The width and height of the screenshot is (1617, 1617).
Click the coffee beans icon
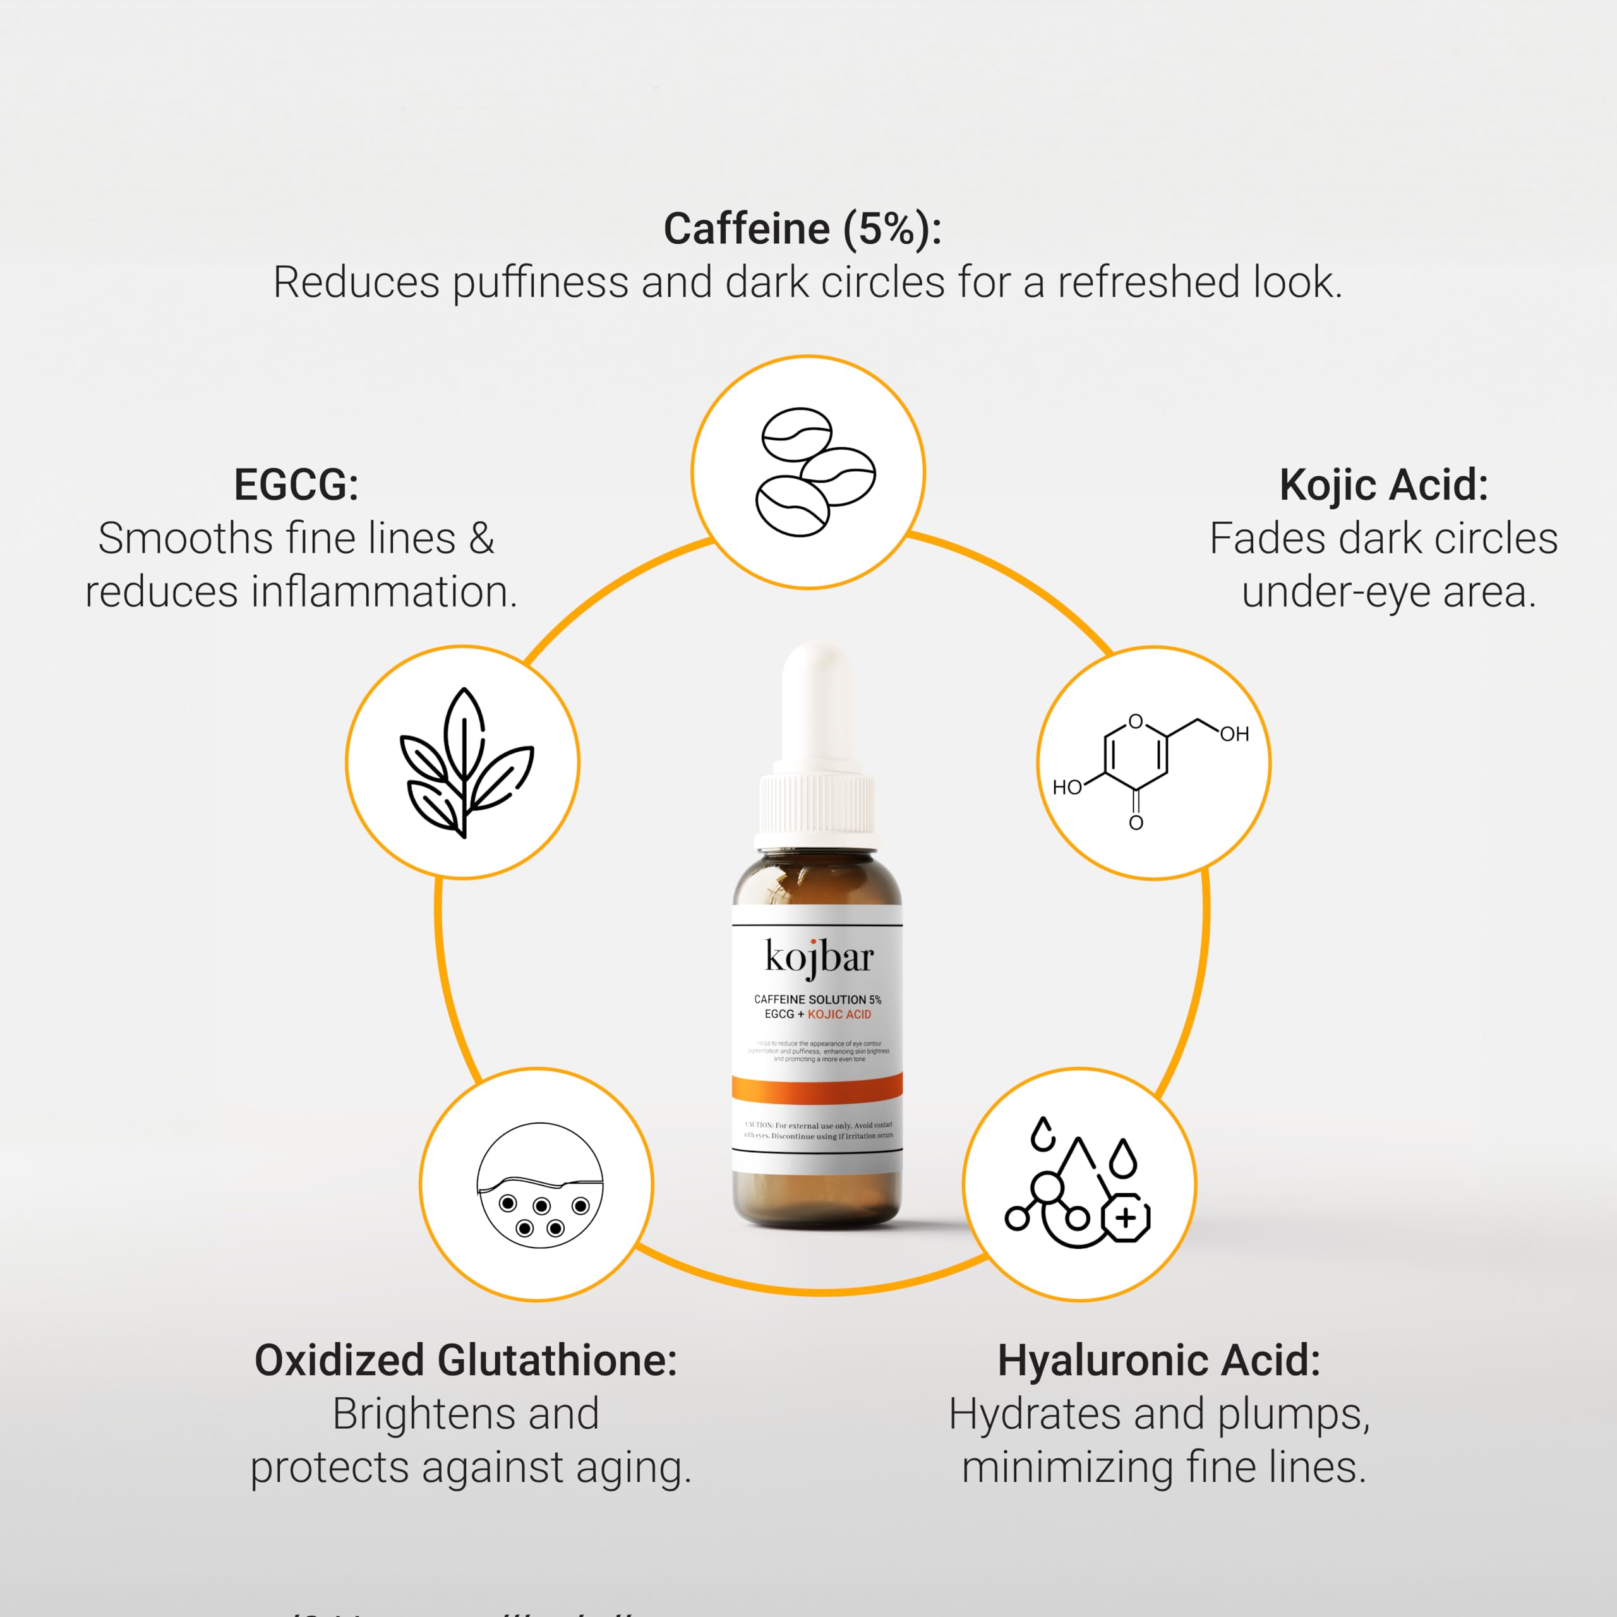(x=808, y=472)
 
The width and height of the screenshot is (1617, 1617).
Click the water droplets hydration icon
(x=1079, y=1184)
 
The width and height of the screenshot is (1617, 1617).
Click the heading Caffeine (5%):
(x=802, y=229)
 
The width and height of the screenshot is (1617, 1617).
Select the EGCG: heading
(x=296, y=484)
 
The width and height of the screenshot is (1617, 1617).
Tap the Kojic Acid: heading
(x=1383, y=484)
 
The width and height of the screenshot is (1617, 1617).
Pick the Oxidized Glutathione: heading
(x=466, y=1360)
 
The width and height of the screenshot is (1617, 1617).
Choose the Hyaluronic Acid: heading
(x=1158, y=1360)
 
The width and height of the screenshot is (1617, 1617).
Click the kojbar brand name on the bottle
(x=819, y=957)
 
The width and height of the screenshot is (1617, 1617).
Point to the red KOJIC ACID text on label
(x=839, y=1014)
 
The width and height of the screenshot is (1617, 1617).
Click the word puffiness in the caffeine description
(x=540, y=283)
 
